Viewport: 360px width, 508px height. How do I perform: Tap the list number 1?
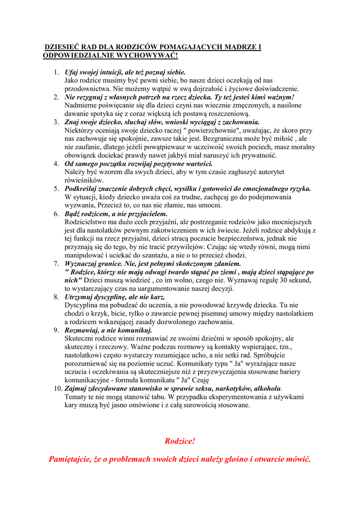(56, 72)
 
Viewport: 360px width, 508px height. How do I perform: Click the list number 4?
(56, 163)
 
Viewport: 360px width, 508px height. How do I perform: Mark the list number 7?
(56, 263)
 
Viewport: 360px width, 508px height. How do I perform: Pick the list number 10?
(57, 388)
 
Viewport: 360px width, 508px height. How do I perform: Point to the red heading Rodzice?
(180, 441)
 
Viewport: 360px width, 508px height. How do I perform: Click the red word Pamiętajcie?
(71, 459)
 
